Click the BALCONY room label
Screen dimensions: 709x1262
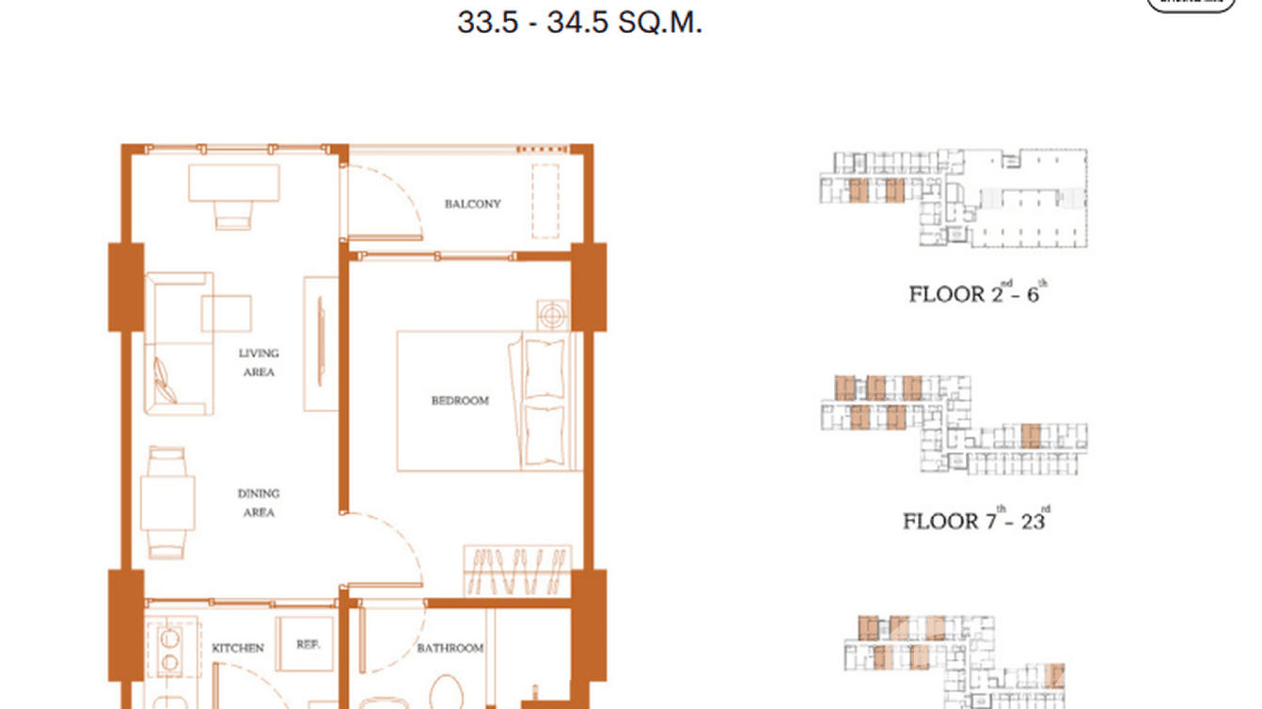(472, 203)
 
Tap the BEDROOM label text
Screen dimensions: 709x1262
(460, 401)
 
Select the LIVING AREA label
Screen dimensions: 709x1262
(259, 363)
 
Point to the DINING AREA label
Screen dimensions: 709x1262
(259, 503)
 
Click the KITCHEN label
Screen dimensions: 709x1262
(237, 647)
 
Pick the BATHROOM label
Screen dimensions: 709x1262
(450, 648)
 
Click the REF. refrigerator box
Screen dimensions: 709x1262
(307, 645)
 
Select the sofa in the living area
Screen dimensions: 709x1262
(176, 343)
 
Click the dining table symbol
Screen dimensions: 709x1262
(167, 503)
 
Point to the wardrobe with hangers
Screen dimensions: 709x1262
(517, 569)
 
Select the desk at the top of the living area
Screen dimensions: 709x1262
(233, 183)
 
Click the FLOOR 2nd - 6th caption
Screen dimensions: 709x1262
(977, 292)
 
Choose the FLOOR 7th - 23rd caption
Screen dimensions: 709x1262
(975, 520)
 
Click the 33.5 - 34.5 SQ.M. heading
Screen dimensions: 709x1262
(579, 23)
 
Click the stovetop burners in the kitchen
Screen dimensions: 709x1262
(170, 650)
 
